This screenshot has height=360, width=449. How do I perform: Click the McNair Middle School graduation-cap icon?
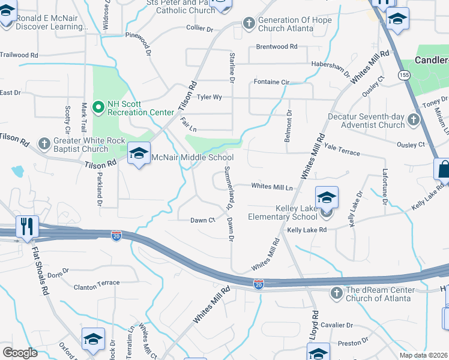tap(139, 154)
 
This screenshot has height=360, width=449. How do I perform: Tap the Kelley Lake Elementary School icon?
tap(327, 198)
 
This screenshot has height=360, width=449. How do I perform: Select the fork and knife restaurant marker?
tap(27, 227)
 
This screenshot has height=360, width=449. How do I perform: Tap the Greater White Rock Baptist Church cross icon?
tap(44, 144)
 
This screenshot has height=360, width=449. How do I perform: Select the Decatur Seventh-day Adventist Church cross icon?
tap(413, 120)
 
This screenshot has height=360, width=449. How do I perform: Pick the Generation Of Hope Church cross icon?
tap(249, 23)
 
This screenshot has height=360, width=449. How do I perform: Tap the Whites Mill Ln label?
tap(272, 187)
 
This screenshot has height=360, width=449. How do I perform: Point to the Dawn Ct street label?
tap(202, 220)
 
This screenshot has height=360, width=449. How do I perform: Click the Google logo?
tap(20, 353)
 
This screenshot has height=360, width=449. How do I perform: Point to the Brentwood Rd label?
tap(276, 46)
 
